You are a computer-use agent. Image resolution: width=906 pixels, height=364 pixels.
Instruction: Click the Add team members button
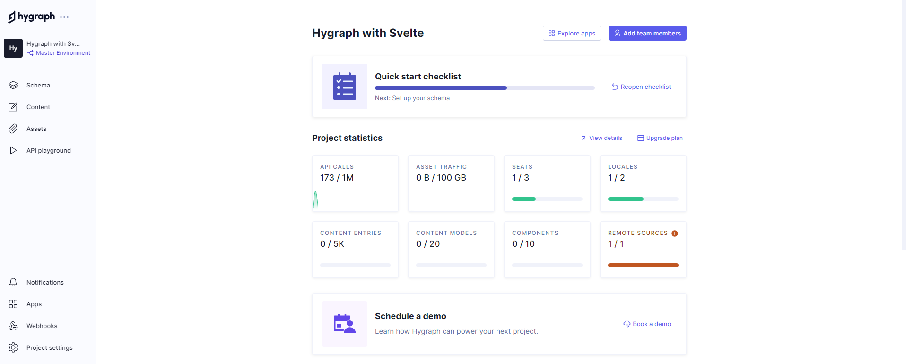pos(647,33)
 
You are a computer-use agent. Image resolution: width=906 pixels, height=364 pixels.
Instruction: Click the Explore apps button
pos(572,33)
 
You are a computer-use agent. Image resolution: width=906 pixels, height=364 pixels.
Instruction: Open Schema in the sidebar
pos(38,85)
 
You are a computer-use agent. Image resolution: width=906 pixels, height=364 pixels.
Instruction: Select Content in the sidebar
pos(38,107)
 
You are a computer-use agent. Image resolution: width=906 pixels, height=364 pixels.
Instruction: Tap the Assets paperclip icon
pos(13,129)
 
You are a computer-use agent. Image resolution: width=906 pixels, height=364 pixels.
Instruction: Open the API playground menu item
pos(48,150)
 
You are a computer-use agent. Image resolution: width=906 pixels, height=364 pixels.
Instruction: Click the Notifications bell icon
pos(13,282)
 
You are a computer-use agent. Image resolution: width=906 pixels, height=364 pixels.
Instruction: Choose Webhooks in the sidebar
pos(42,326)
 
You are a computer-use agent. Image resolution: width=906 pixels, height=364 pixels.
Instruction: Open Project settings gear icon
pos(13,347)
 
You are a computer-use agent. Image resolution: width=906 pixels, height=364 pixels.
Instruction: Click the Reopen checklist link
pos(641,87)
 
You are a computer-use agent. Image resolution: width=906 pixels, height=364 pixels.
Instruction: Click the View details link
pos(601,138)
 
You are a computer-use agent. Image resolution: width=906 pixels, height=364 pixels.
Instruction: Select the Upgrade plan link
pos(660,138)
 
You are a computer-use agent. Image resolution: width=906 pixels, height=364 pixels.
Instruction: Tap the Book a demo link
pos(647,324)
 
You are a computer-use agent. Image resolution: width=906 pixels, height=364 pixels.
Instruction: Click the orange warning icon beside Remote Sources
pos(675,233)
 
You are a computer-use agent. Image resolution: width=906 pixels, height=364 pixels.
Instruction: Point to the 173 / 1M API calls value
pos(337,178)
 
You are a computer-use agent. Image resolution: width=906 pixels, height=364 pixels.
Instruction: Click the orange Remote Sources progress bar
pos(643,265)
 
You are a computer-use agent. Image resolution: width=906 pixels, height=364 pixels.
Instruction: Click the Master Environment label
pos(62,53)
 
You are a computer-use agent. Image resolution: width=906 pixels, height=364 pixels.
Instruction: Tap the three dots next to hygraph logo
pos(64,17)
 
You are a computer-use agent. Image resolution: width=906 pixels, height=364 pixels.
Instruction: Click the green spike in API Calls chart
pos(315,201)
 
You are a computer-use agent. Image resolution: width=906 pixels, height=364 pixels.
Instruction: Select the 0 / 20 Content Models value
pos(428,244)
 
